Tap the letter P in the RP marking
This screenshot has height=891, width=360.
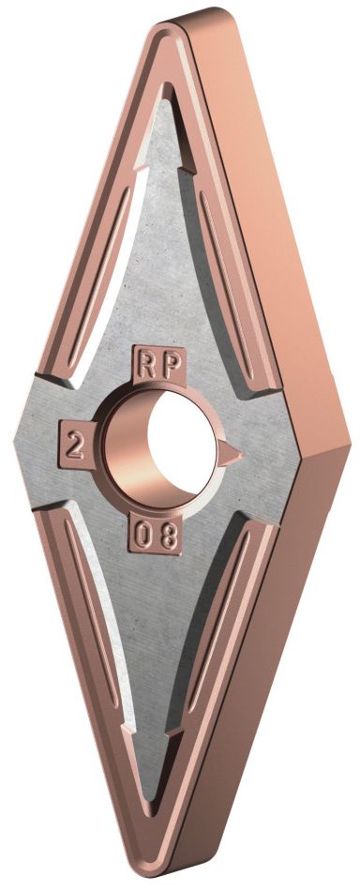pos(169,365)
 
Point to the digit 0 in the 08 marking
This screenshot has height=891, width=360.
pos(142,537)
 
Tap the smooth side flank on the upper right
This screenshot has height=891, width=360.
pos(281,234)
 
